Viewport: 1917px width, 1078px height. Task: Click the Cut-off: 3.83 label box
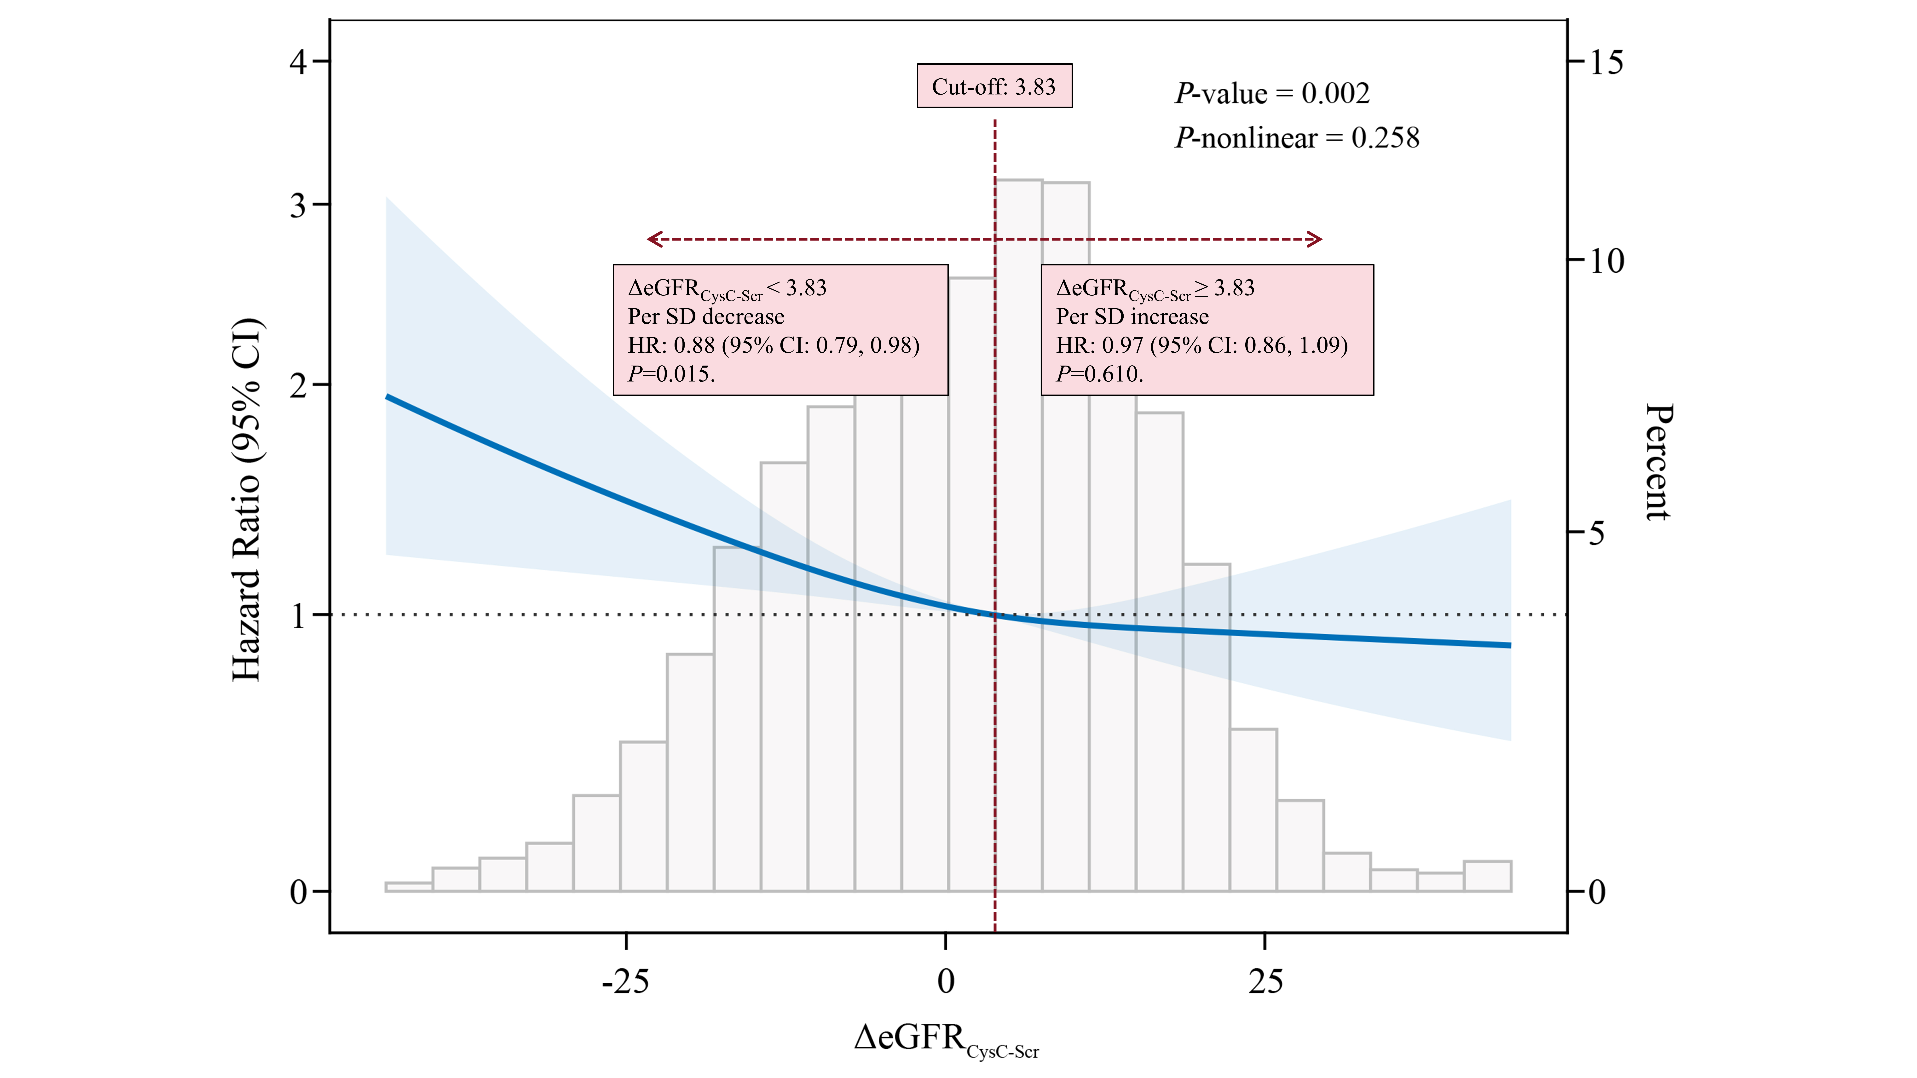coord(994,86)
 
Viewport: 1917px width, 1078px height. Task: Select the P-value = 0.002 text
coord(1272,94)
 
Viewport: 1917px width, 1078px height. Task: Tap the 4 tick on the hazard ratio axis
coord(298,62)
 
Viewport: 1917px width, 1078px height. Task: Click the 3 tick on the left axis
coord(298,205)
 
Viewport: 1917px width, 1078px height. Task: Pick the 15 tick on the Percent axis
coord(1606,63)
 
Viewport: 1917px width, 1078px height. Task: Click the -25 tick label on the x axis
coord(625,982)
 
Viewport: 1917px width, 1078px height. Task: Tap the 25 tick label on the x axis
coord(1265,982)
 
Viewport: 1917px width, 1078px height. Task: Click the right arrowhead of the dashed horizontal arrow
coord(1316,239)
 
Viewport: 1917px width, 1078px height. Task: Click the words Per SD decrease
coord(705,317)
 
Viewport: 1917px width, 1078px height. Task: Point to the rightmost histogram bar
coord(1487,876)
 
